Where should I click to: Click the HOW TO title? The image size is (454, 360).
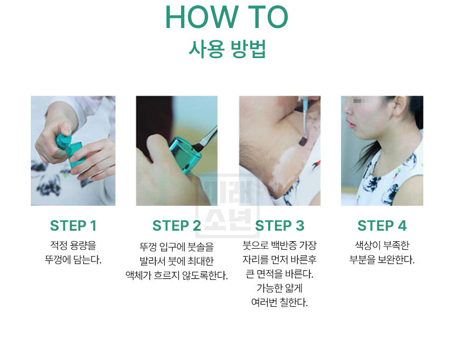(226, 17)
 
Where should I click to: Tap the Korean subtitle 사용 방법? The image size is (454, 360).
(227, 49)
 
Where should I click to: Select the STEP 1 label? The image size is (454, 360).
(73, 225)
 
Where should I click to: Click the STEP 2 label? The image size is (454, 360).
(177, 225)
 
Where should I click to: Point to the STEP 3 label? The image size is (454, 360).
(280, 225)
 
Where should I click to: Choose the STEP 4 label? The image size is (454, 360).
(382, 225)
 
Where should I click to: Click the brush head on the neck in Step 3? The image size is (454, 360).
(303, 141)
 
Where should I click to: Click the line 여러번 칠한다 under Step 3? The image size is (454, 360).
(280, 302)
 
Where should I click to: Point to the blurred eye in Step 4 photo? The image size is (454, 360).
(357, 101)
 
